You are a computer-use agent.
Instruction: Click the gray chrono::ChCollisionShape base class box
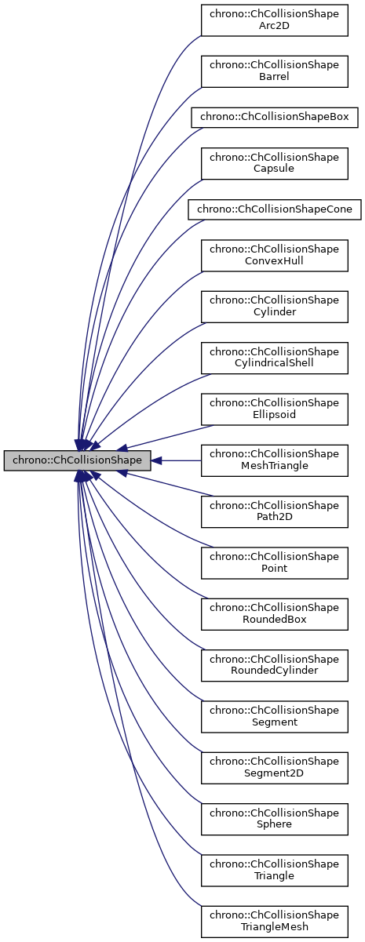(x=77, y=460)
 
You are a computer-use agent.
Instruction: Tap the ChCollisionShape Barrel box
(x=274, y=70)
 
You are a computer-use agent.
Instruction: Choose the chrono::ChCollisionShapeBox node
(x=274, y=117)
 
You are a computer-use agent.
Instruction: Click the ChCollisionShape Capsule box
(x=274, y=162)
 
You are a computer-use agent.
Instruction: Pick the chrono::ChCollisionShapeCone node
(x=274, y=209)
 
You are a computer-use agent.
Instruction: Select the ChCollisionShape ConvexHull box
(x=274, y=255)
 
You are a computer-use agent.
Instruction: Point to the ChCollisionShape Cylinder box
(x=274, y=306)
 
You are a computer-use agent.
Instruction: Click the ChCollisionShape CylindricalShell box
(x=274, y=358)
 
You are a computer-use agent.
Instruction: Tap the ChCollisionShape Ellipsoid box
(x=274, y=409)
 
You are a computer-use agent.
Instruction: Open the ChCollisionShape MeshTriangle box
(x=274, y=460)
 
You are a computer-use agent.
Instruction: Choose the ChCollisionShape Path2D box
(x=274, y=511)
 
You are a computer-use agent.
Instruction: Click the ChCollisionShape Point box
(x=274, y=562)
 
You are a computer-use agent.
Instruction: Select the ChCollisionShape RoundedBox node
(x=274, y=614)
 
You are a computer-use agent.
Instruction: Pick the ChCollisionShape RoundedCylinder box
(x=274, y=665)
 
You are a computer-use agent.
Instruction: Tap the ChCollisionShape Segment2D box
(x=274, y=768)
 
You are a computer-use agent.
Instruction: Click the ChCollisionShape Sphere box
(x=274, y=819)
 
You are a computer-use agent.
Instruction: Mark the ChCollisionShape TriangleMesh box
(x=274, y=922)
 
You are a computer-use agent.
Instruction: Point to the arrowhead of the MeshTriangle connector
(x=157, y=460)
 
